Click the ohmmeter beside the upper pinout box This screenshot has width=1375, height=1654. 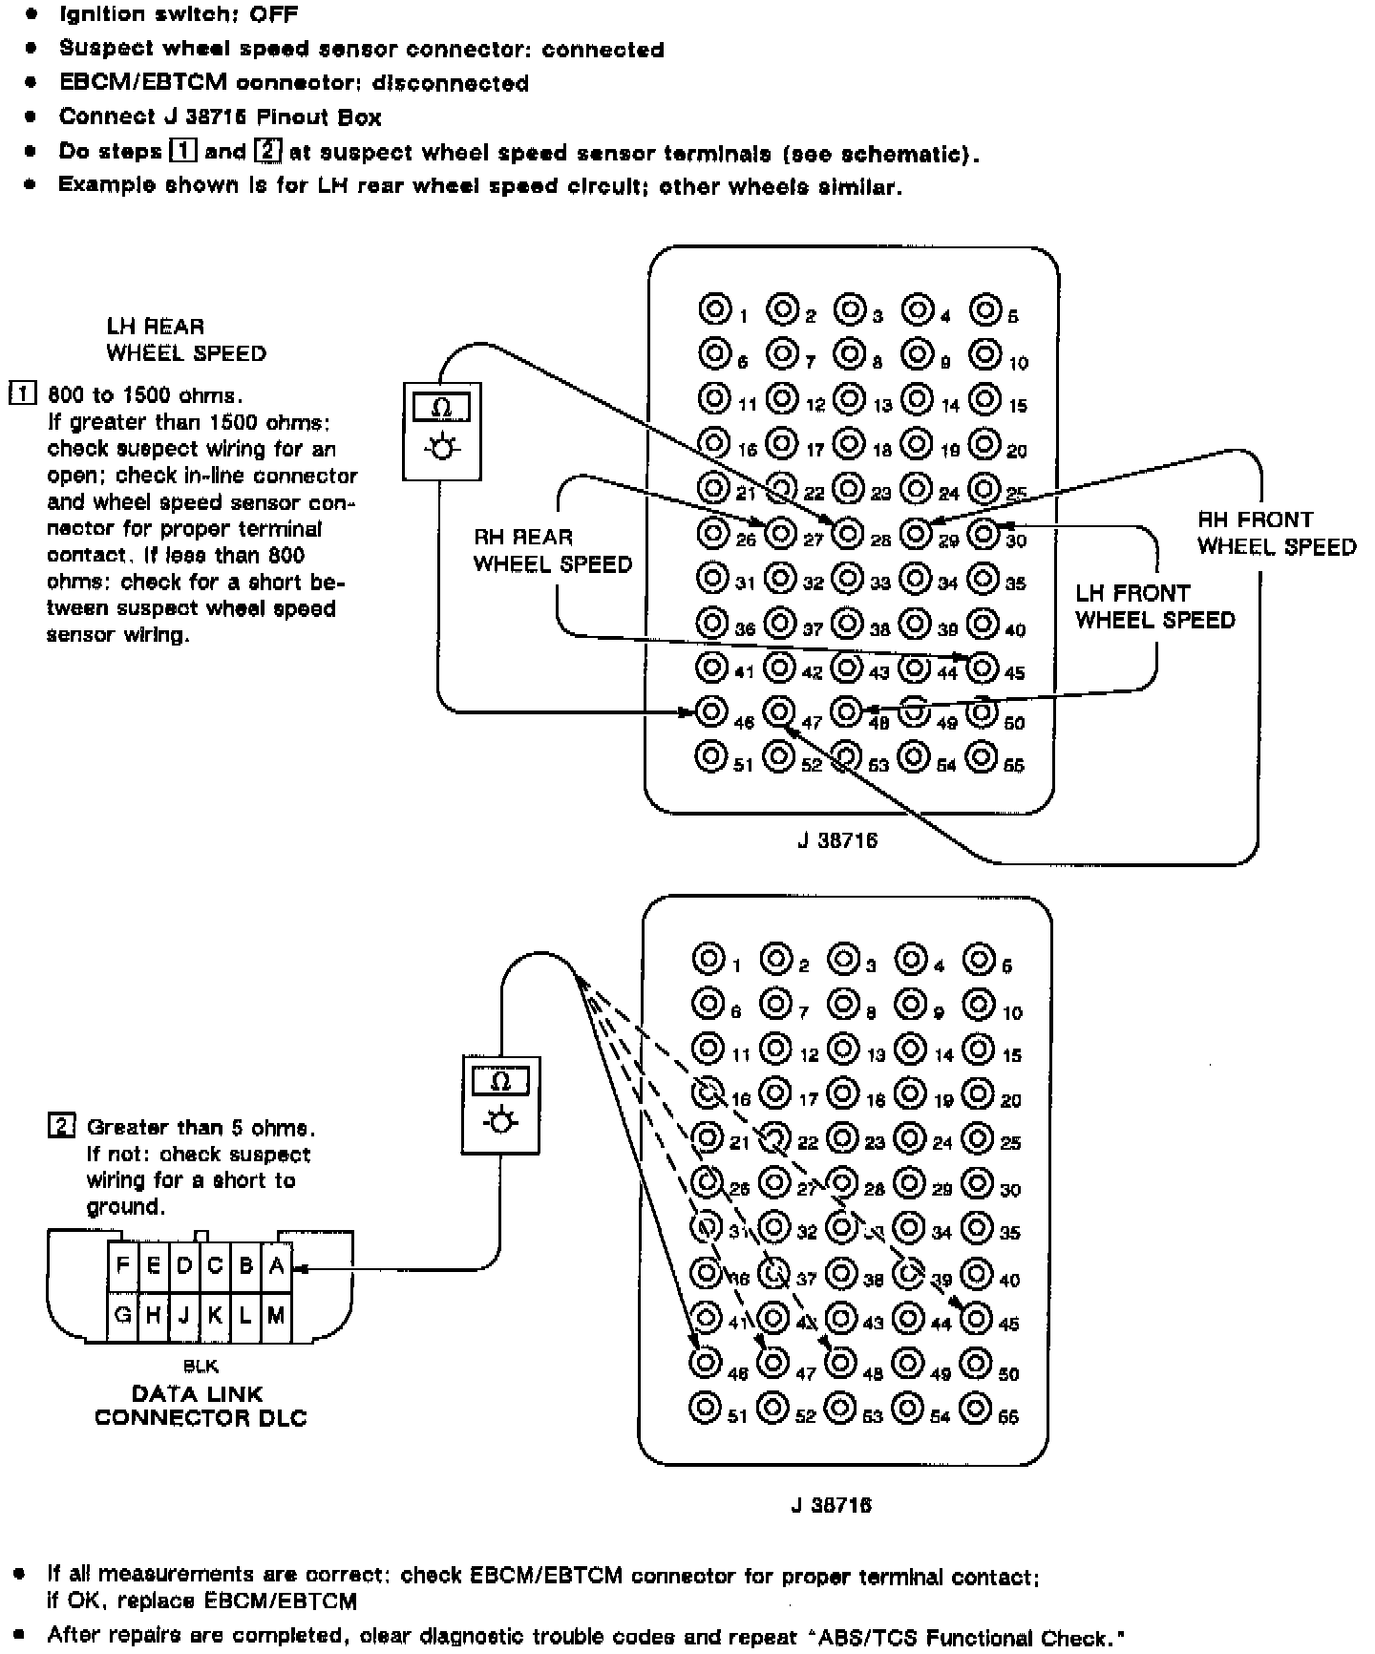441,431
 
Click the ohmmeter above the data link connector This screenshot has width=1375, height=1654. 500,1105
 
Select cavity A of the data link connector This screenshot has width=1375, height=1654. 276,1265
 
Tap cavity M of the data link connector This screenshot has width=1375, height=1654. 276,1315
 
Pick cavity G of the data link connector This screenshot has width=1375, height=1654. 122,1315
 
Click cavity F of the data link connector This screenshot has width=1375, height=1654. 122,1265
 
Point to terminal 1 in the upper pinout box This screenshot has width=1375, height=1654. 712,309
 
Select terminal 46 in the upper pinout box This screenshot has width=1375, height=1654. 711,710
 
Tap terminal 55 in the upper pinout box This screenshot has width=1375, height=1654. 983,756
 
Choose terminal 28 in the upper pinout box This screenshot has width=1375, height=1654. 847,533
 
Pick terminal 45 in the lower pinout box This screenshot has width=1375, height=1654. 977,1318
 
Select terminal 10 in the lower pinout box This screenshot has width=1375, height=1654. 978,1004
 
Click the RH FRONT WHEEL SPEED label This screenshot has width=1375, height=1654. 1276,533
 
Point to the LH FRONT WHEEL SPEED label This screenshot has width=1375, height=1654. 1154,606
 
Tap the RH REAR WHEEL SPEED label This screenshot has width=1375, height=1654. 552,550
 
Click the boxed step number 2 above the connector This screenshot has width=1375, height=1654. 61,1127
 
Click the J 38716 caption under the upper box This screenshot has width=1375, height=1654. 837,840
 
